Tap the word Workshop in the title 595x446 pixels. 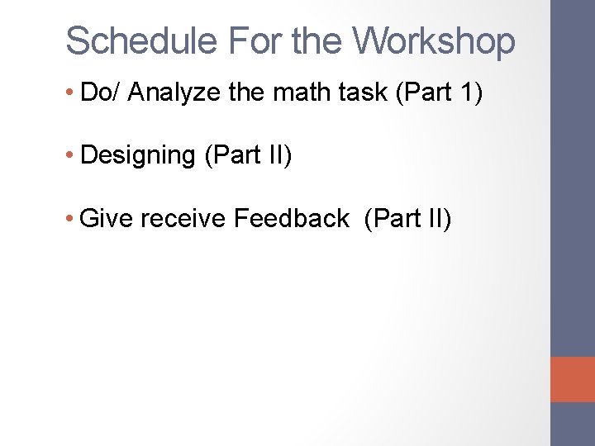point(433,40)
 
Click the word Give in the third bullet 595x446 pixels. point(107,219)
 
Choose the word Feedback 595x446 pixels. point(292,219)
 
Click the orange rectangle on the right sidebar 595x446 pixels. point(573,379)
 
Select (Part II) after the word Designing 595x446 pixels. point(247,155)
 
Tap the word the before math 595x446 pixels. point(245,93)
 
